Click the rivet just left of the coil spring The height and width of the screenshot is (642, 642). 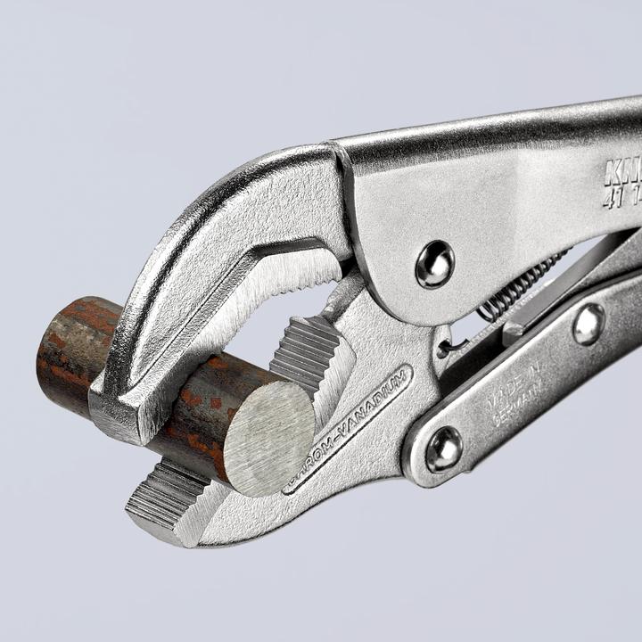[x=434, y=264]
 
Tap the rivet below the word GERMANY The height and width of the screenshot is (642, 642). [x=443, y=449]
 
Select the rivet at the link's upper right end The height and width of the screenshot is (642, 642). [x=588, y=324]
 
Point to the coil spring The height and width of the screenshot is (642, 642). [x=522, y=284]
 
